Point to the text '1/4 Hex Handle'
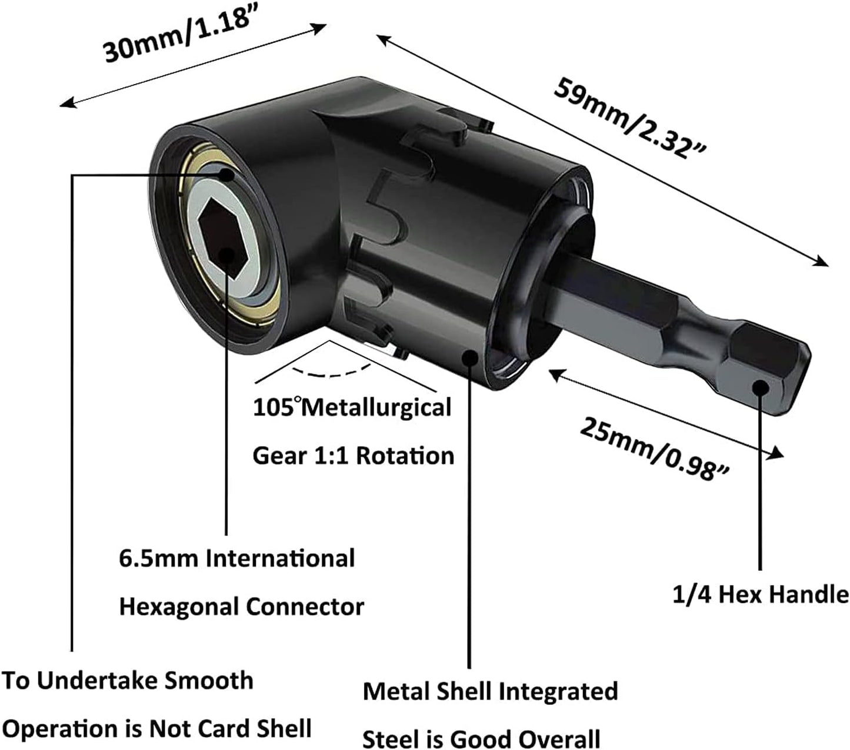pos(760,595)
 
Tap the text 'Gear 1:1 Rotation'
pos(353,456)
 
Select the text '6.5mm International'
pos(236,558)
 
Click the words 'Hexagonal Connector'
pos(241,607)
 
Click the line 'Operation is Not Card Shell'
pos(156,729)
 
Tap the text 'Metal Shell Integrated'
pos(490,691)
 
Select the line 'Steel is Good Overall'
pos(481,738)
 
